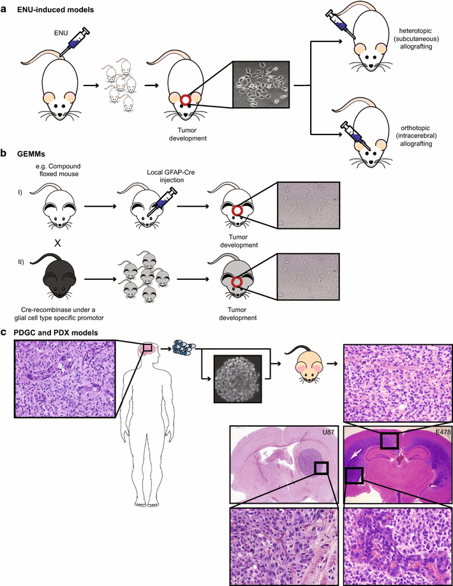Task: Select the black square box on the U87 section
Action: point(321,469)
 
